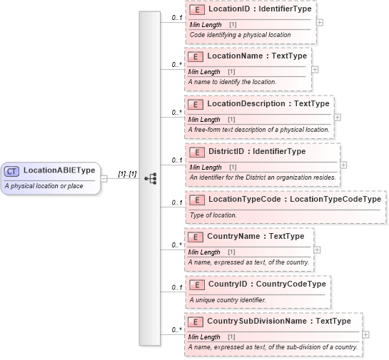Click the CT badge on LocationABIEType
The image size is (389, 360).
click(x=12, y=171)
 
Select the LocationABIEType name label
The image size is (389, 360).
click(x=59, y=171)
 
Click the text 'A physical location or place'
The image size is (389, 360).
click(x=44, y=186)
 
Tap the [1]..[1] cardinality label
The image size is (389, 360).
click(x=127, y=174)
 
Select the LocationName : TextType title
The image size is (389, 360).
click(x=256, y=56)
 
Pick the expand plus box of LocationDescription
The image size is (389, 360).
click(x=337, y=117)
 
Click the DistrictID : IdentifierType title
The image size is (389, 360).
click(x=256, y=151)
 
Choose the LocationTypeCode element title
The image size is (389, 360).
click(x=294, y=199)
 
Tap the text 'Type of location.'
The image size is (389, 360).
click(x=213, y=215)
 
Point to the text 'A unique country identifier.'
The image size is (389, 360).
click(x=228, y=299)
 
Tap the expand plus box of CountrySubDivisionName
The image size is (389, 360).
click(x=365, y=334)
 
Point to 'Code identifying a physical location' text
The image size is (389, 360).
click(x=240, y=35)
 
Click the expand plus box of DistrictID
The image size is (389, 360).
click(x=343, y=165)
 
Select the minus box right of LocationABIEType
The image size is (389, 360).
click(x=104, y=178)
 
